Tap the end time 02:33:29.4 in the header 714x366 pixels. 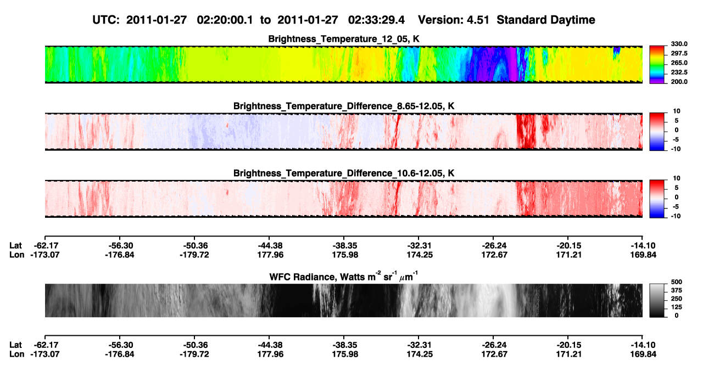[x=376, y=20]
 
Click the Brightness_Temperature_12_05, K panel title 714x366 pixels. [x=344, y=39]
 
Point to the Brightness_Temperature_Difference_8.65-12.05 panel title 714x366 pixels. [x=344, y=106]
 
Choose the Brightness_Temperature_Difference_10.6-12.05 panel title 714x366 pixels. [x=344, y=173]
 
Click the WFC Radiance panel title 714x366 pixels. [x=344, y=276]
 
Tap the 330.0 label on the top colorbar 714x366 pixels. [x=679, y=44]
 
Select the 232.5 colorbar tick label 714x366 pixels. [x=679, y=72]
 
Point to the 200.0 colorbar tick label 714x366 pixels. [x=679, y=82]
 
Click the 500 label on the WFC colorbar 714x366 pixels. [x=677, y=282]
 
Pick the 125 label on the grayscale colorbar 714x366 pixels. [x=677, y=307]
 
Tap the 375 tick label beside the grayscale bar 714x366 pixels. [x=677, y=290]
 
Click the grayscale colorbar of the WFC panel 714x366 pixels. [x=657, y=300]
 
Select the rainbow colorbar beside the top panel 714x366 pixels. [x=657, y=65]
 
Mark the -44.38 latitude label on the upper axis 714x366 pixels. [x=270, y=246]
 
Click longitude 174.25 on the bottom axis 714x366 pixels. [x=420, y=354]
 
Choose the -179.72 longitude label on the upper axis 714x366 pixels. [x=194, y=255]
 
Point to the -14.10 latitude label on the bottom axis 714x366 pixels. [x=643, y=345]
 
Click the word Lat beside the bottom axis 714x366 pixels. [x=15, y=345]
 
